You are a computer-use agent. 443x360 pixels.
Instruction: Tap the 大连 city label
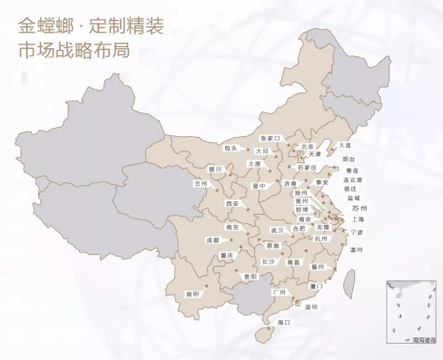pos(344,145)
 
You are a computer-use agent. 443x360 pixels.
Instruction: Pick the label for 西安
pos(232,204)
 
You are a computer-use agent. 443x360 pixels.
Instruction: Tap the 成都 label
pos(212,240)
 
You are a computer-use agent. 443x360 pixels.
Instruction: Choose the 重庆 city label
pos(230,256)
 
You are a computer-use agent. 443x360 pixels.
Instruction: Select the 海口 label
pos(283,322)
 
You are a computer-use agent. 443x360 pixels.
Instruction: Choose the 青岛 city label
pos(353,170)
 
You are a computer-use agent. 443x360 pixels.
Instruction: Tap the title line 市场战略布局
pos(74,48)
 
